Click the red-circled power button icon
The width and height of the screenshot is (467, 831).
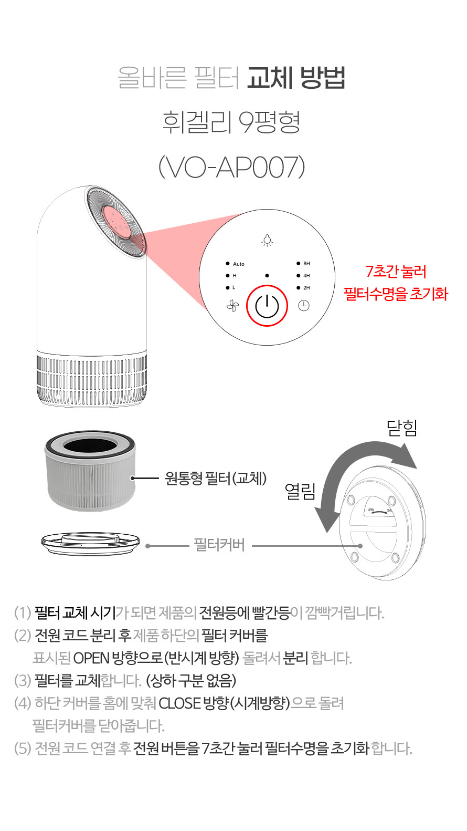(267, 306)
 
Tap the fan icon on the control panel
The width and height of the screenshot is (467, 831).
(233, 306)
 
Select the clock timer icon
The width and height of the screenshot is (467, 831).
(303, 306)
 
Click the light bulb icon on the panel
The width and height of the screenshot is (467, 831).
(267, 241)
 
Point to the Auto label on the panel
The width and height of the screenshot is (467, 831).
(239, 264)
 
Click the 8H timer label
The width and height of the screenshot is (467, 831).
(306, 263)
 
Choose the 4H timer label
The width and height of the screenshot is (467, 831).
(306, 276)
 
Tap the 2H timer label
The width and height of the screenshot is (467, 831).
(306, 287)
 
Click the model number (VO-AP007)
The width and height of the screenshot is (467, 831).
(232, 167)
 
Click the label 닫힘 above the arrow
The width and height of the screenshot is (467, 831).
(402, 428)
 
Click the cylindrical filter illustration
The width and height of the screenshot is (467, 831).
(90, 471)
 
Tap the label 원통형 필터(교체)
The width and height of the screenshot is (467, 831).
(216, 478)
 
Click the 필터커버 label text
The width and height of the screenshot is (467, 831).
(219, 545)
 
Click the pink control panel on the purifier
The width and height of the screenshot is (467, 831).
(115, 222)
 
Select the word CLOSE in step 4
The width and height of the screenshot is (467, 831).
(180, 703)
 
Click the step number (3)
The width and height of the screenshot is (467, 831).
(23, 680)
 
